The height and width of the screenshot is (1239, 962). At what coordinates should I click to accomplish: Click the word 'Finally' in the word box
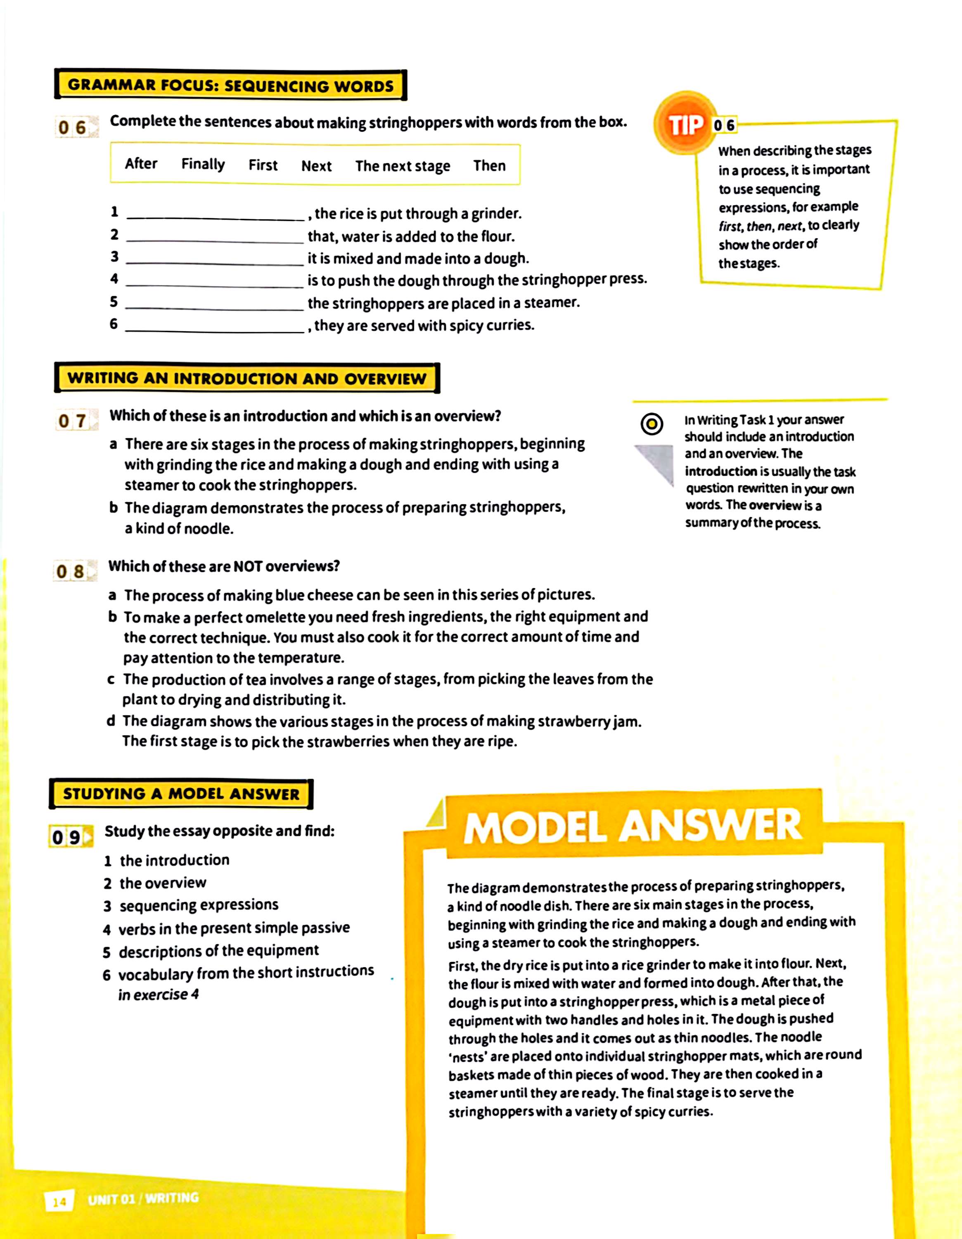pyautogui.click(x=202, y=164)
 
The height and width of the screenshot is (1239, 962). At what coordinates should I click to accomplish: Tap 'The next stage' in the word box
pyautogui.click(x=402, y=166)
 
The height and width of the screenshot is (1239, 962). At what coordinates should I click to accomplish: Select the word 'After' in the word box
pyautogui.click(x=141, y=164)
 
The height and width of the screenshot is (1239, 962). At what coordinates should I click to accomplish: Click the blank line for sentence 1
pyautogui.click(x=215, y=216)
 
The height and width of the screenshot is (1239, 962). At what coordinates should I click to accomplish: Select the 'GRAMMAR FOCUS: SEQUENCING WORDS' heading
pyautogui.click(x=230, y=85)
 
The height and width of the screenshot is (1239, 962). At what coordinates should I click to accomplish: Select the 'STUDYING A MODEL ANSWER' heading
pyautogui.click(x=180, y=794)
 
